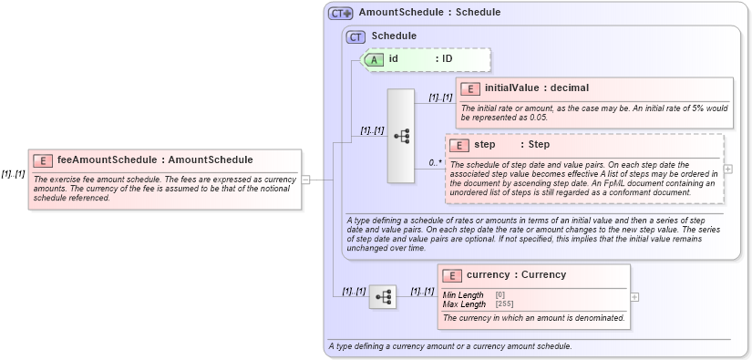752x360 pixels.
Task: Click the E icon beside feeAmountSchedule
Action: pyautogui.click(x=43, y=159)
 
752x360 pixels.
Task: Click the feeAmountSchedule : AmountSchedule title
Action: pyautogui.click(x=155, y=159)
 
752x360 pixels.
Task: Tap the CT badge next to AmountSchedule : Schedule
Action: pyautogui.click(x=341, y=14)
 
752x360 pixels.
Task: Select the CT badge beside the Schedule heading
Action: pyautogui.click(x=355, y=36)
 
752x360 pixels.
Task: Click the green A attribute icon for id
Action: pyautogui.click(x=375, y=59)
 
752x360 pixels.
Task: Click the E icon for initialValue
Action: pyautogui.click(x=470, y=88)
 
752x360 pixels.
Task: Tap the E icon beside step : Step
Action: pyautogui.click(x=460, y=145)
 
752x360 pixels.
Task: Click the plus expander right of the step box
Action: pyautogui.click(x=728, y=169)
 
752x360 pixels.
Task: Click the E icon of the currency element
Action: pyautogui.click(x=451, y=275)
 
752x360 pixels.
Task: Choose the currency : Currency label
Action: pyautogui.click(x=516, y=275)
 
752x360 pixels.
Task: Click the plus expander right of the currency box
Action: pyautogui.click(x=635, y=296)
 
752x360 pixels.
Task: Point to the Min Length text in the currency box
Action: pyautogui.click(x=463, y=295)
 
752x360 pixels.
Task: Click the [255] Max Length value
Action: pyautogui.click(x=504, y=303)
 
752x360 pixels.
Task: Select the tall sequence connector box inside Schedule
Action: pyautogui.click(x=401, y=135)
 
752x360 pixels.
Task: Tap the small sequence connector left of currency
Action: pyautogui.click(x=383, y=296)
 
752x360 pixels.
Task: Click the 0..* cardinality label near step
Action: pyautogui.click(x=435, y=163)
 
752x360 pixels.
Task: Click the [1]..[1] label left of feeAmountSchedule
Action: pyautogui.click(x=13, y=174)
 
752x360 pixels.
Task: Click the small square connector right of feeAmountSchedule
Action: pyautogui.click(x=306, y=180)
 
